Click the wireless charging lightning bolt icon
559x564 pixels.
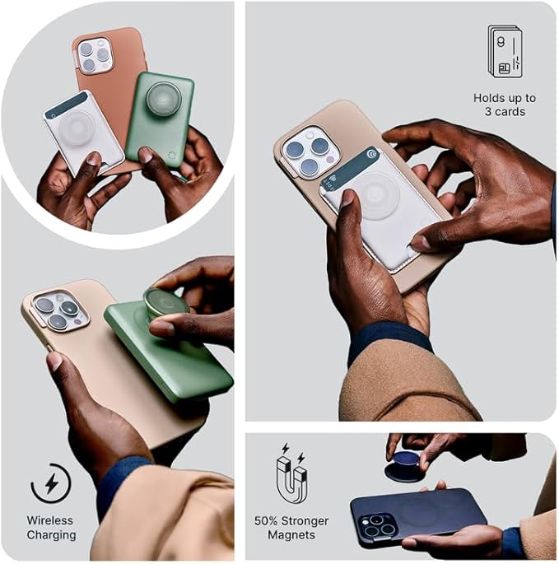51,483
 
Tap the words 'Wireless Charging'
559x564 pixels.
51,528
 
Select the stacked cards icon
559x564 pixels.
505,51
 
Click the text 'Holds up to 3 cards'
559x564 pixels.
505,105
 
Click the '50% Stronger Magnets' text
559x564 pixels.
291,528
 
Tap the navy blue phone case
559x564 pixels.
420,515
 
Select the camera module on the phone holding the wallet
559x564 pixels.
308,151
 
